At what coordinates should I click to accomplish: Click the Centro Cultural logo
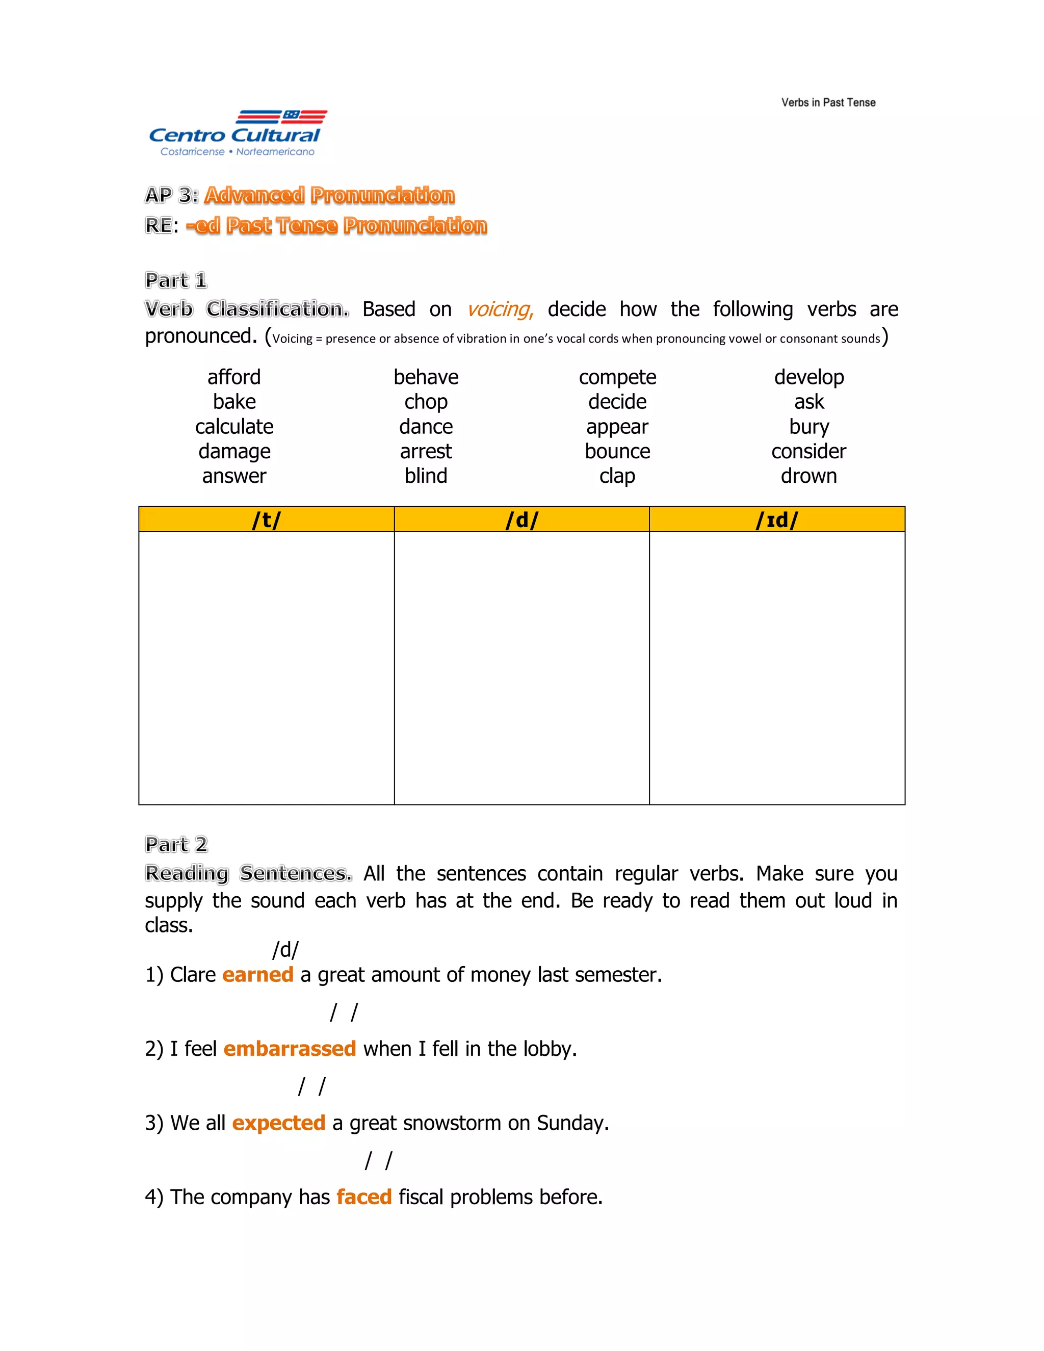click(x=237, y=133)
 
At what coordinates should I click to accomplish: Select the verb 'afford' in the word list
click(x=234, y=377)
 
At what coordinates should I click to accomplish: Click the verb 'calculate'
click(x=234, y=426)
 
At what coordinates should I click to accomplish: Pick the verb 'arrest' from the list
click(x=426, y=451)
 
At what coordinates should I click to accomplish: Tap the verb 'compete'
click(x=617, y=377)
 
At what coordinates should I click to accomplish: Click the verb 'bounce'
click(x=617, y=451)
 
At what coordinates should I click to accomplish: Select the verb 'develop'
click(x=808, y=377)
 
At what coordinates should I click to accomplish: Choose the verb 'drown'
click(x=808, y=476)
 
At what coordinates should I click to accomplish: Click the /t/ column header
click(x=266, y=519)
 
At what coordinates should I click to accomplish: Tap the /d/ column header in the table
click(x=521, y=519)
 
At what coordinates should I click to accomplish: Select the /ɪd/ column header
click(x=777, y=519)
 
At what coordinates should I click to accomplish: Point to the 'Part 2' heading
click(x=176, y=844)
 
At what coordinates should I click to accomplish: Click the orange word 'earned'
click(x=257, y=974)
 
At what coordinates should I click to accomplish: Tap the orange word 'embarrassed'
click(x=290, y=1049)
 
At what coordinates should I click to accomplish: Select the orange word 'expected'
click(x=278, y=1123)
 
